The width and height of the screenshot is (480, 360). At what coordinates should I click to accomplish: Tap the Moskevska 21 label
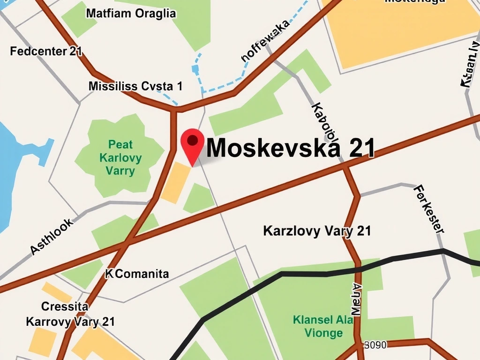(291, 148)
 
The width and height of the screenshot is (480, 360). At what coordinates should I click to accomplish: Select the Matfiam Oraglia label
(131, 14)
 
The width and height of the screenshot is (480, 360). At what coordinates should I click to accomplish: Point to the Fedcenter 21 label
(46, 51)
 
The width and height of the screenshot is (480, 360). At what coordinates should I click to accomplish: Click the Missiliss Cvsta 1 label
(135, 86)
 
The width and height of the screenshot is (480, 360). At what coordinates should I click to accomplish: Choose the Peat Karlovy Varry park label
(120, 157)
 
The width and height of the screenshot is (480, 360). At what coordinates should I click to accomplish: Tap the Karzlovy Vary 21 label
(317, 231)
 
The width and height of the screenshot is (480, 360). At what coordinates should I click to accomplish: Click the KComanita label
(137, 274)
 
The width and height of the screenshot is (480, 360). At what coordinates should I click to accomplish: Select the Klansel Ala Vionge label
(323, 326)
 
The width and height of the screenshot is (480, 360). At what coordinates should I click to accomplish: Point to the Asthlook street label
(52, 237)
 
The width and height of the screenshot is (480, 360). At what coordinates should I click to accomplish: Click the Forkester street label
(429, 209)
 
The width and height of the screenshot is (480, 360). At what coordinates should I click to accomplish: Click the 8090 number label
(375, 345)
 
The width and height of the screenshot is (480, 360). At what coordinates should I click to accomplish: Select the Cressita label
(65, 307)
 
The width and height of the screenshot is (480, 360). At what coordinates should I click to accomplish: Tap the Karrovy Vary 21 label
(70, 322)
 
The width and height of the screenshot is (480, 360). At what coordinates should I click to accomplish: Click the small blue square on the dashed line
(195, 69)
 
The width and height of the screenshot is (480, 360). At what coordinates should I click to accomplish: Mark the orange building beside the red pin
(175, 182)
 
